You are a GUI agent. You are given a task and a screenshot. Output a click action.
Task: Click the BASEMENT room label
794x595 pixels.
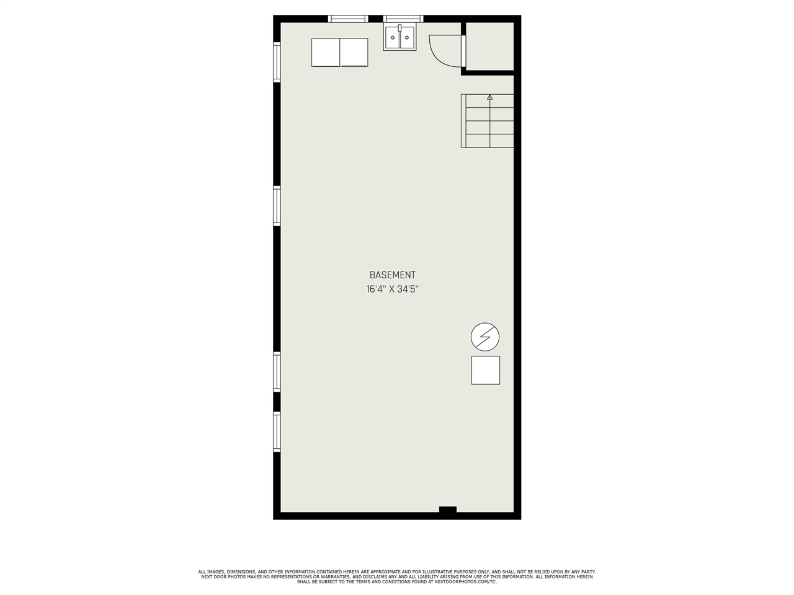(392, 275)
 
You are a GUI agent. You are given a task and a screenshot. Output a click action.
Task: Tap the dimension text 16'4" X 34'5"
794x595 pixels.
(392, 289)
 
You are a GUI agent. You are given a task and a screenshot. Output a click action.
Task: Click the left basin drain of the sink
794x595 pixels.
(393, 38)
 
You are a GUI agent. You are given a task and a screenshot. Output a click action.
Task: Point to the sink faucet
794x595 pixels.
(399, 28)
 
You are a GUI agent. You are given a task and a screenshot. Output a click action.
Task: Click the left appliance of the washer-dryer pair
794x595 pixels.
(326, 53)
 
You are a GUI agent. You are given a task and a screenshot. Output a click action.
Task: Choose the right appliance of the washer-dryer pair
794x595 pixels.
(354, 53)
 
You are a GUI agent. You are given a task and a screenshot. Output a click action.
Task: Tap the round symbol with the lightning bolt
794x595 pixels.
(484, 337)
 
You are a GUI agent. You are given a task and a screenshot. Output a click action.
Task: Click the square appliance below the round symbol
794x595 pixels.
(486, 370)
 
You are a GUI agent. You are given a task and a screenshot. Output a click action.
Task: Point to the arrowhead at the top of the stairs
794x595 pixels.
(490, 97)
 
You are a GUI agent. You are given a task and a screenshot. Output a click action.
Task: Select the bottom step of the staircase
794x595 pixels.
(490, 141)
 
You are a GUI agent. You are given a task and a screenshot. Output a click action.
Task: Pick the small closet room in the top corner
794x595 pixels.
(490, 46)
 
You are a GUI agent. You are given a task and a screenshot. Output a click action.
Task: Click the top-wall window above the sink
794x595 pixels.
(403, 19)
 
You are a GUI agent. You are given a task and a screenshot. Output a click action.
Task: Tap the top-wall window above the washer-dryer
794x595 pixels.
(348, 19)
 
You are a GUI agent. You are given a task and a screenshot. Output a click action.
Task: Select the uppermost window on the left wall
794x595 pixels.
(277, 62)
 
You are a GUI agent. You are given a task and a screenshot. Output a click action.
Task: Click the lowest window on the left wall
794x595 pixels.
(277, 432)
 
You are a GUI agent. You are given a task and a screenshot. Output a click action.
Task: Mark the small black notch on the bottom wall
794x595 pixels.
(447, 509)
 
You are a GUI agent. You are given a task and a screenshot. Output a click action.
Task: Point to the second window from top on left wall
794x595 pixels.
(277, 206)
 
